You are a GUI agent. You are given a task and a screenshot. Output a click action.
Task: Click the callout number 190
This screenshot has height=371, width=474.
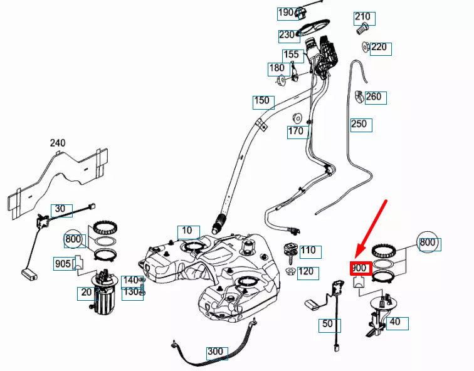tap(286, 13)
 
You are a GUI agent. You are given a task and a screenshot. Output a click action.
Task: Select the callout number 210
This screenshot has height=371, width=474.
tap(362, 17)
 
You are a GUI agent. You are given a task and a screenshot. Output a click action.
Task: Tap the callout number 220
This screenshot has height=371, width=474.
tap(379, 48)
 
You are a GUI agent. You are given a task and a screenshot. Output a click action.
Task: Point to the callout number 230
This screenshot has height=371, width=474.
tap(287, 35)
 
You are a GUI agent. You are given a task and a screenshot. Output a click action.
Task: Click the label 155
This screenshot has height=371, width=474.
tap(291, 55)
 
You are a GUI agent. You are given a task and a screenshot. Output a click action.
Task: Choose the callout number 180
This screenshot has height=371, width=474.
tap(276, 68)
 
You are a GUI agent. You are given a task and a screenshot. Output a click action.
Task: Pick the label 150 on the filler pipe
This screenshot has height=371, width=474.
tap(261, 100)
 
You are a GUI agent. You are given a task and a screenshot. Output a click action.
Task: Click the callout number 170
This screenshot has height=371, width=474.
tap(296, 131)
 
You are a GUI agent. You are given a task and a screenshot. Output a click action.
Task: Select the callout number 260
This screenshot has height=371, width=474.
tap(374, 97)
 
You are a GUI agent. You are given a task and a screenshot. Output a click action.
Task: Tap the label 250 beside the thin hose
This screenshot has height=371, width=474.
tap(359, 124)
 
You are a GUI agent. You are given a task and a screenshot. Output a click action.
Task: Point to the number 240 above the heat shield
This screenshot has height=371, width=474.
tap(58, 143)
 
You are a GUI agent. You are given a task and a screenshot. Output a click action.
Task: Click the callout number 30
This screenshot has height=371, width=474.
tap(60, 209)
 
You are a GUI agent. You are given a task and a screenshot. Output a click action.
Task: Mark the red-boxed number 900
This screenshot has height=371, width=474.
tap(360, 268)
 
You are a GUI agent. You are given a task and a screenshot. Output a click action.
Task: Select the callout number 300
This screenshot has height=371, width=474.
tap(216, 352)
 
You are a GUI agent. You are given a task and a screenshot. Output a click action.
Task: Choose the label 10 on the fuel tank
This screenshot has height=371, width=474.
tap(187, 231)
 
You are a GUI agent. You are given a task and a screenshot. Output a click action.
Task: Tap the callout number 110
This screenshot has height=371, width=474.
tap(308, 251)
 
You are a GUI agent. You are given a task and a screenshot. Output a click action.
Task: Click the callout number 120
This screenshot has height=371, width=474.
tap(305, 271)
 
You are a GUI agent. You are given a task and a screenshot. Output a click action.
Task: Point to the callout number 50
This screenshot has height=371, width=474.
tap(327, 325)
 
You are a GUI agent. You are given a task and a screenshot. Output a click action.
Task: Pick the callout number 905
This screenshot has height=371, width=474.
tap(63, 264)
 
